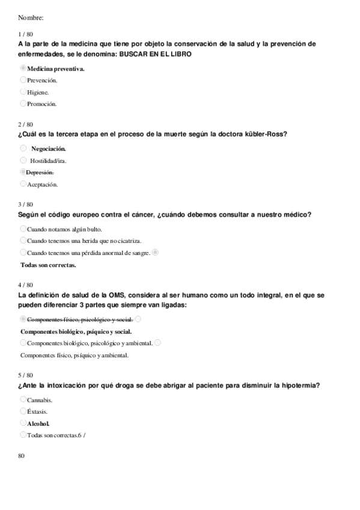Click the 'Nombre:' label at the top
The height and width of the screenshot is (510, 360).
pos(31,17)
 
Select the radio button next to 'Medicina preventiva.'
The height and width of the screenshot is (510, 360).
pos(23,69)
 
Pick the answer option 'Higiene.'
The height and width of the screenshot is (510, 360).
pos(38,92)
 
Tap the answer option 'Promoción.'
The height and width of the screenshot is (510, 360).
pos(41,103)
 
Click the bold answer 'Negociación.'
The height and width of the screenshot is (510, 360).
pos(49,149)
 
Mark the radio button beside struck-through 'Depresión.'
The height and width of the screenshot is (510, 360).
pos(23,172)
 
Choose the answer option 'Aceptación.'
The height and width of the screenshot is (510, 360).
pos(42,184)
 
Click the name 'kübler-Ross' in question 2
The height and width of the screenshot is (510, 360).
pos(266,134)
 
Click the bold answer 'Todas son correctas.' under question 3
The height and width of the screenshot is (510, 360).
pos(49,265)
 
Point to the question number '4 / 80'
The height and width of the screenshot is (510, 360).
pos(26,284)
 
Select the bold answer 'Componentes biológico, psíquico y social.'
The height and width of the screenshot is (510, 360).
pos(76,331)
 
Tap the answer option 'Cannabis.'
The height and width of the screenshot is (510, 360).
pos(40,399)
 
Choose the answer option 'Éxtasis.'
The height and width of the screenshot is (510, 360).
pos(37,411)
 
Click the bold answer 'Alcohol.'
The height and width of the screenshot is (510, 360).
pos(38,423)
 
